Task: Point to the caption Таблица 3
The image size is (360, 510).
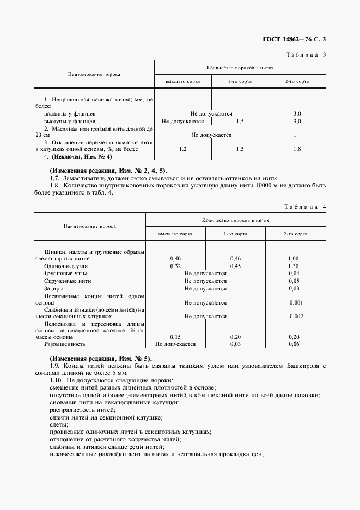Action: [306, 54]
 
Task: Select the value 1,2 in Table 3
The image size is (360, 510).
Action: [182, 149]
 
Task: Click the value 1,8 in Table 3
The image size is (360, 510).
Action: [297, 149]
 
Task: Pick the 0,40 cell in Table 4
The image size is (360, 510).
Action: [175, 258]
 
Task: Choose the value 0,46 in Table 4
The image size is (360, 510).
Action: [235, 258]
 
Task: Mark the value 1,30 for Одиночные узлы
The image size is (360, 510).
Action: [294, 265]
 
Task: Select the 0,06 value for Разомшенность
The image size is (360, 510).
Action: [294, 344]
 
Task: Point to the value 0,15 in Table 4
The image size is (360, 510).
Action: [175, 337]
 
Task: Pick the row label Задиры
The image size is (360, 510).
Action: [54, 288]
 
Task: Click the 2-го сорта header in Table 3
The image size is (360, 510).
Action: [297, 81]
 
